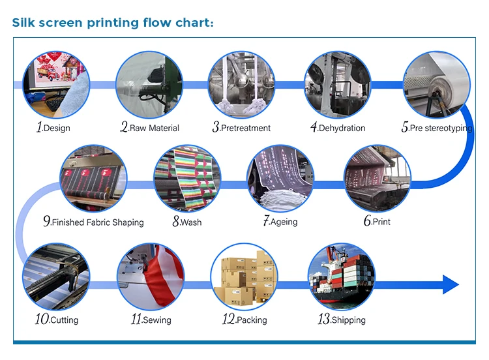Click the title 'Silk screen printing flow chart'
coord(113,23)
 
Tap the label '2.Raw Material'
coord(149,128)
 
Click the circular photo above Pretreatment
coord(241,84)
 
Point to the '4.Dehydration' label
coord(338,128)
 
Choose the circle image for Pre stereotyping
coord(436,84)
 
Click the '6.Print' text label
coord(377,222)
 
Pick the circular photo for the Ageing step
coord(280,177)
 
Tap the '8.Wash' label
coord(187,222)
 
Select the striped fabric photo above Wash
coord(187,177)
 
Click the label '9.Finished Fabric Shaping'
coord(93,222)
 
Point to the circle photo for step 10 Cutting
coord(55,276)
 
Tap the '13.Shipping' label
coord(341,320)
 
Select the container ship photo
coord(341,276)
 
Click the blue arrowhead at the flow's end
coord(451,284)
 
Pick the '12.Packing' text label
coord(244,320)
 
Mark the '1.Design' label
coord(53,128)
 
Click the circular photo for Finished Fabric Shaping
coord(93,177)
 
